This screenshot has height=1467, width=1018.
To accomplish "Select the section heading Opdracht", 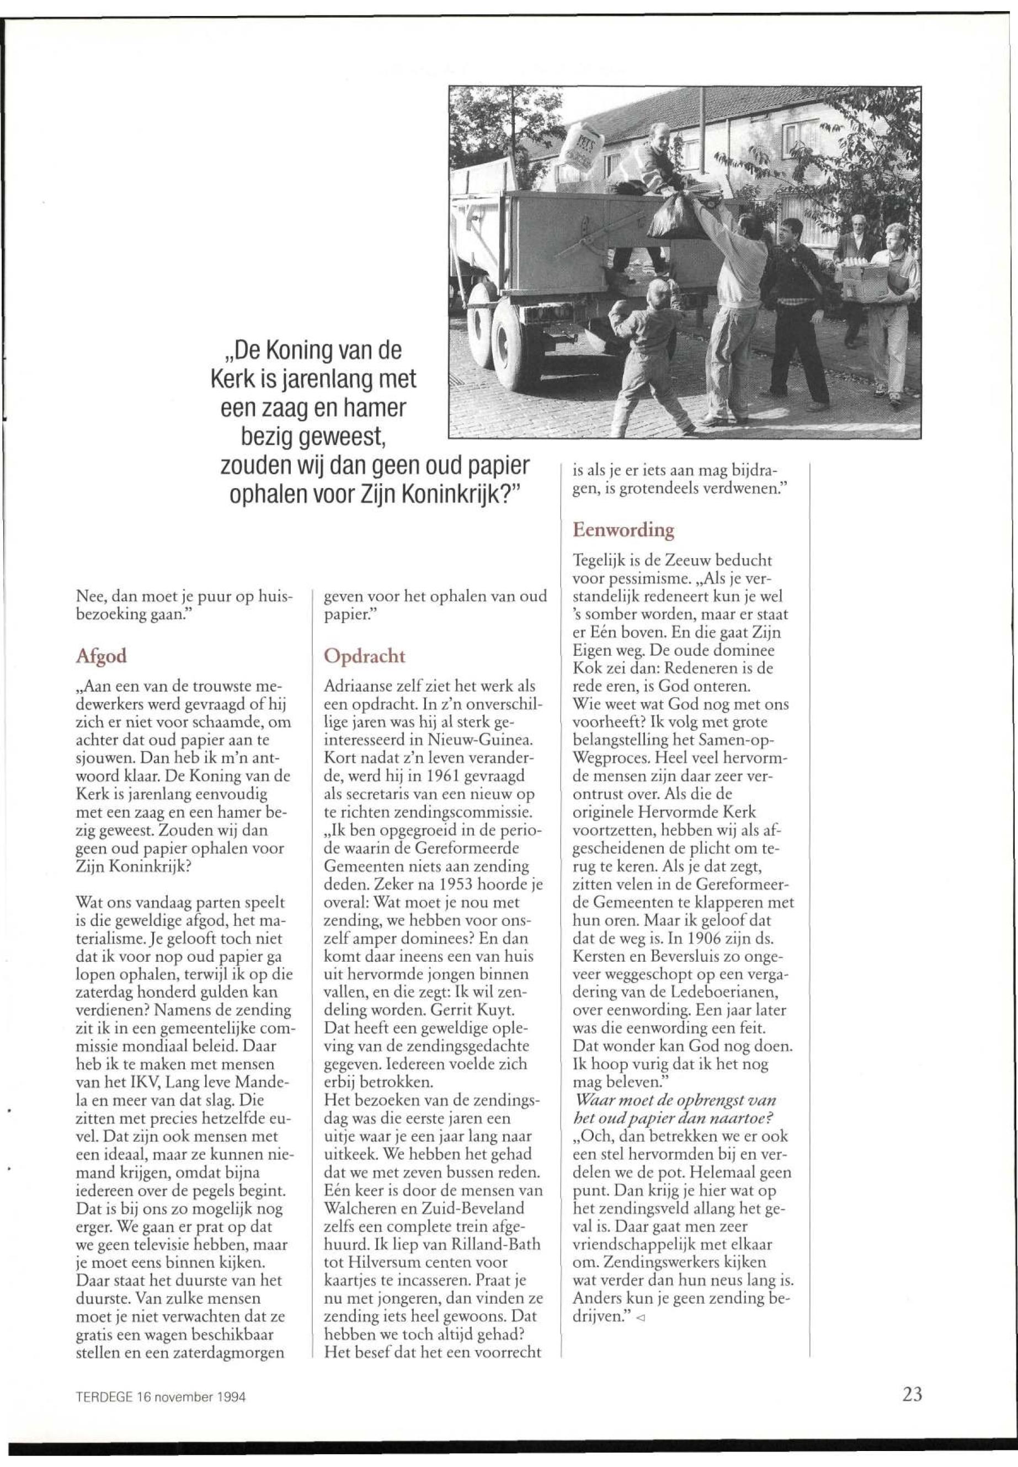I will [x=364, y=657].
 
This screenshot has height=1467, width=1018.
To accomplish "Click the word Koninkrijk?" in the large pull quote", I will [x=463, y=494].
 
